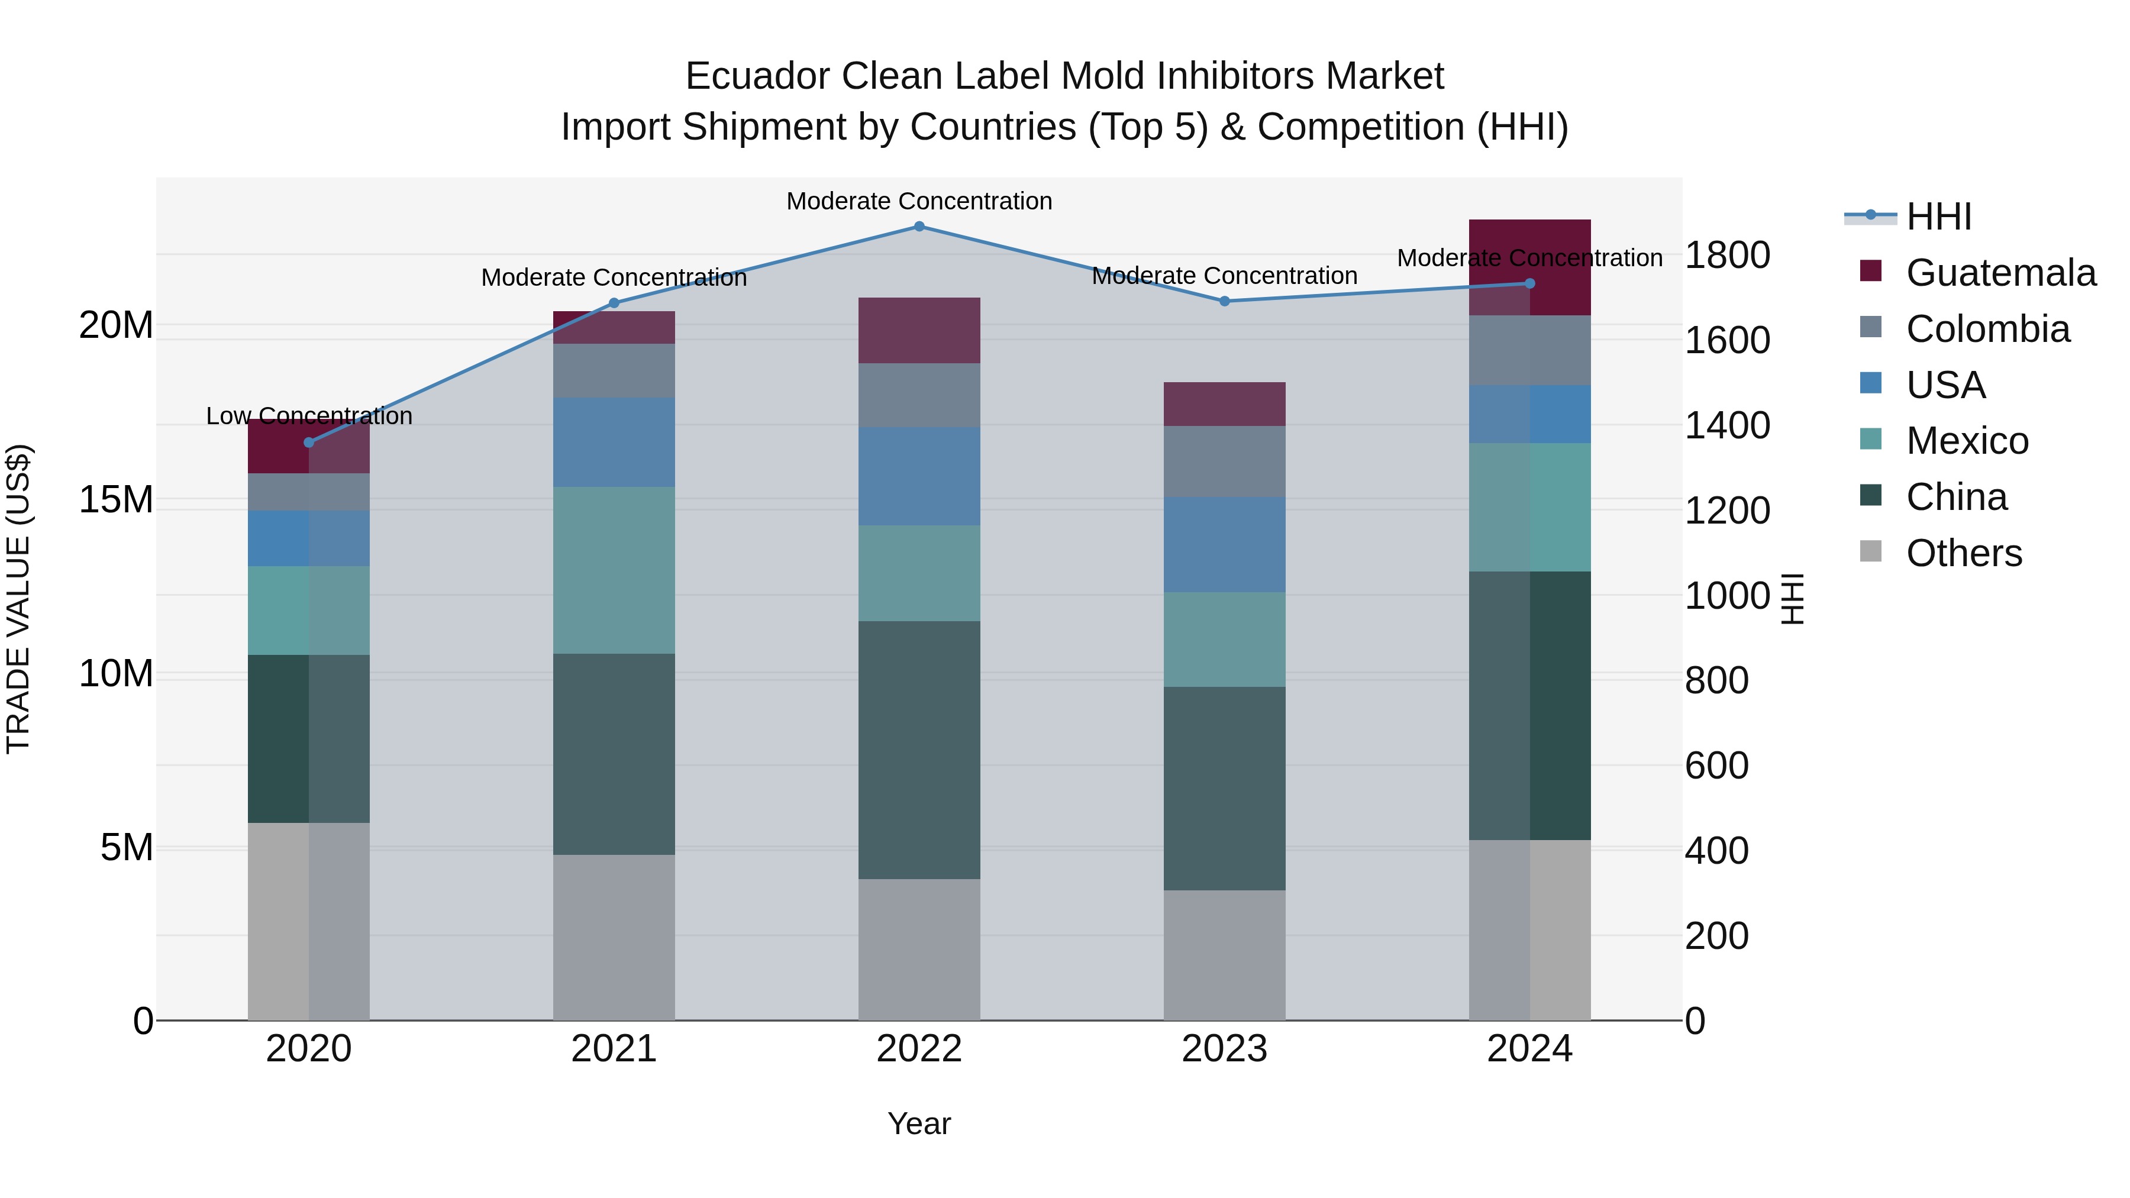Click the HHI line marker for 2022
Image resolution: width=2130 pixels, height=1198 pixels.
point(919,227)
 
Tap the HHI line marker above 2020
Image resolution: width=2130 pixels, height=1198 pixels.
point(309,443)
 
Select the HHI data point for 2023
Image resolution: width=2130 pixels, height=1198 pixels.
point(1225,301)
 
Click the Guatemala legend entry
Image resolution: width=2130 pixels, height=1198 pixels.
point(2000,273)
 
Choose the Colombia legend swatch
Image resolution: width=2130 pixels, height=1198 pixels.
point(1870,327)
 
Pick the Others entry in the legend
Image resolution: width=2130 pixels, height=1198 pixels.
point(1964,553)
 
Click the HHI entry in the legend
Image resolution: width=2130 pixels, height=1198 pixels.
point(1938,217)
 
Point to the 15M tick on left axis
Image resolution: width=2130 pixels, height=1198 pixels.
point(116,499)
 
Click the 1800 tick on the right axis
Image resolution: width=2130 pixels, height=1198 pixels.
point(1727,256)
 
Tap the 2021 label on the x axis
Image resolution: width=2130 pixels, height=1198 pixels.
point(614,1049)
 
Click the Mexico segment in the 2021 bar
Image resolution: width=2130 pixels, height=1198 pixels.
point(614,570)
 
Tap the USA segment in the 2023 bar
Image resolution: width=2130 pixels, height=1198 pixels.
point(1225,544)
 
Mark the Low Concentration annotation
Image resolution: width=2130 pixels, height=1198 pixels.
point(309,416)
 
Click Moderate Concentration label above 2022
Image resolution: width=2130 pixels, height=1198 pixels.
point(919,201)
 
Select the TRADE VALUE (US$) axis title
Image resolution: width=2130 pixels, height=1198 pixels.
point(18,599)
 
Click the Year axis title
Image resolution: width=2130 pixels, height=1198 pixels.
point(919,1123)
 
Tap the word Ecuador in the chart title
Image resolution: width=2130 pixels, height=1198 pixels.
point(756,76)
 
